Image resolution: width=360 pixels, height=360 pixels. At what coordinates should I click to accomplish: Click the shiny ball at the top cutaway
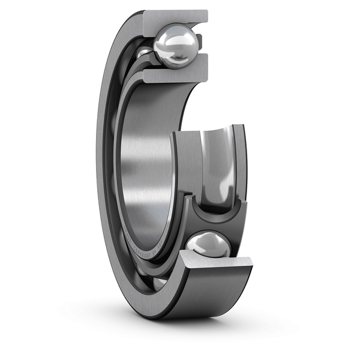coord(176,46)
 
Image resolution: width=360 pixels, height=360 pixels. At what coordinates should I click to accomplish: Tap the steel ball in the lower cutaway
coord(208,245)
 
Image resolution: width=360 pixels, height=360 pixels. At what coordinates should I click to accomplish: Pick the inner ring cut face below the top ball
coord(174,75)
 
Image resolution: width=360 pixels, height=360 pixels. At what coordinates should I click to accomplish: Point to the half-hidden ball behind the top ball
coord(144,54)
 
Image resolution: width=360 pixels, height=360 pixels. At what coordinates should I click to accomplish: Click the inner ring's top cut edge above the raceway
coord(207,130)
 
